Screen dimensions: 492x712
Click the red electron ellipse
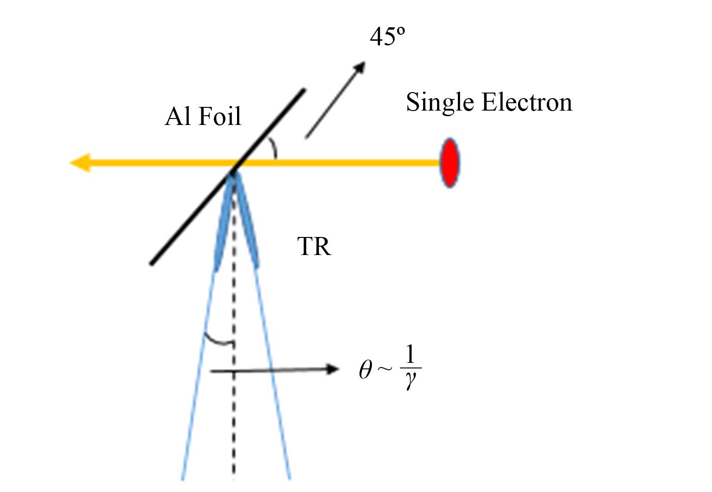click(449, 162)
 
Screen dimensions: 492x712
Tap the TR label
click(314, 246)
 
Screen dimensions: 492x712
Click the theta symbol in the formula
click(365, 370)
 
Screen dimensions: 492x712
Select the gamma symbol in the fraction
click(410, 380)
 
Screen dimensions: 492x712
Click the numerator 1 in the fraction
click(410, 355)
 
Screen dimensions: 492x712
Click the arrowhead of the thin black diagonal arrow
click(359, 68)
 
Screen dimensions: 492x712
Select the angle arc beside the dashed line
click(218, 341)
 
